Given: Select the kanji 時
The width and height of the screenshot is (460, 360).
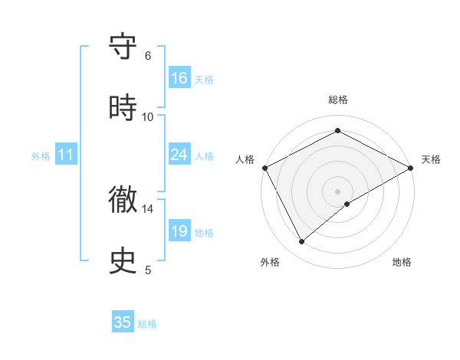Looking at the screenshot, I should tap(123, 108).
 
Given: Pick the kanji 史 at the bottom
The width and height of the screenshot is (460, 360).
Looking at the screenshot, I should tap(123, 261).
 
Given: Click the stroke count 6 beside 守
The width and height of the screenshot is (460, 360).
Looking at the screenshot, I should tap(148, 55).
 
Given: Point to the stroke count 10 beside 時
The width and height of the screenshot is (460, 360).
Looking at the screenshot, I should tap(148, 116).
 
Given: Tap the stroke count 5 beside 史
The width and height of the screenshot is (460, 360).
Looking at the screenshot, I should tap(148, 270).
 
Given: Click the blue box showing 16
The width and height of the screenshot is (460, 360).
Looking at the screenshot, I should tap(179, 78).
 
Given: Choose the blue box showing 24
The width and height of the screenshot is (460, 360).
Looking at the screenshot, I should tap(179, 155).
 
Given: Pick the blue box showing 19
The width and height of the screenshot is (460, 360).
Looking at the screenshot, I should tap(179, 231).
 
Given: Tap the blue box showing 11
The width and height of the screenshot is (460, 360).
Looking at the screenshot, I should tap(67, 155).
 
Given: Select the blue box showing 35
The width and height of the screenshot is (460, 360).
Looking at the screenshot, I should tap(123, 322).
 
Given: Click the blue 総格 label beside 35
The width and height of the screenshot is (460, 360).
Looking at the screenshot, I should tap(147, 324).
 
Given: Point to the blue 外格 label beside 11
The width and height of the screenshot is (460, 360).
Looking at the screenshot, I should tap(41, 156).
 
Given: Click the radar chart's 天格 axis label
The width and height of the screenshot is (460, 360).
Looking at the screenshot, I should tap(432, 159).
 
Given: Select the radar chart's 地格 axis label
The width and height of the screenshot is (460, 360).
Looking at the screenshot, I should tap(402, 262).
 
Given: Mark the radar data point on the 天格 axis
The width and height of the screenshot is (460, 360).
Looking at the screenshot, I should tap(411, 167).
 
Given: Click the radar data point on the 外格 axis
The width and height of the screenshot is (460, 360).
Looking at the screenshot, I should tap(302, 242).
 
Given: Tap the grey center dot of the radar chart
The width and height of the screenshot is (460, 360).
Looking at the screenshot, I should tap(338, 191).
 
